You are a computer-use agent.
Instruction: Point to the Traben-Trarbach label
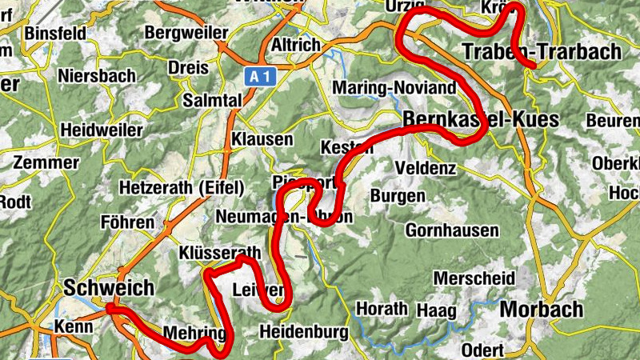point(542,53)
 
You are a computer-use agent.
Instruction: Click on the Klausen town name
point(262,139)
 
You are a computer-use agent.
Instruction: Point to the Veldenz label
point(426,169)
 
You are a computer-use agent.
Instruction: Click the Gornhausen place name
point(452,230)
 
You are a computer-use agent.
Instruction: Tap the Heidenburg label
point(305,331)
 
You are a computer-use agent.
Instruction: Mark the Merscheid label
point(474,278)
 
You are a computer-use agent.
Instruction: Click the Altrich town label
point(296,45)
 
